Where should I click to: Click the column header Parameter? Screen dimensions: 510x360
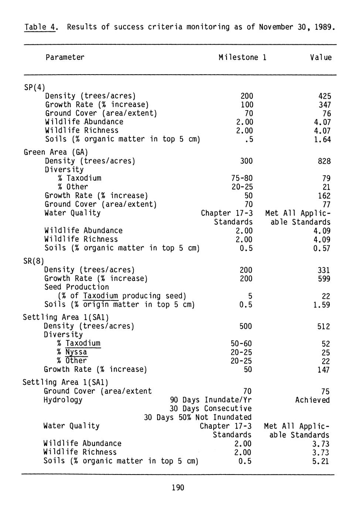point(65,57)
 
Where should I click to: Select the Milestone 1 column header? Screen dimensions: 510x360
point(242,57)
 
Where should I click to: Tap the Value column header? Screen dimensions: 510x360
point(321,57)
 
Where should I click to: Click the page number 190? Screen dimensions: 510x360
point(178,488)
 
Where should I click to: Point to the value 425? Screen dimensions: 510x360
point(325,96)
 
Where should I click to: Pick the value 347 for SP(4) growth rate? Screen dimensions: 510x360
point(325,105)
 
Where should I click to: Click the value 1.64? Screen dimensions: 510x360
point(323,139)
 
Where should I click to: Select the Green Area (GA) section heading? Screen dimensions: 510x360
point(56,152)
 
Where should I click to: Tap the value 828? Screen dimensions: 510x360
point(324,161)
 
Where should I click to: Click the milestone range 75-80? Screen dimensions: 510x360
point(242,178)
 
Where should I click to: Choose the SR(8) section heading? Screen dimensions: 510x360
point(34,261)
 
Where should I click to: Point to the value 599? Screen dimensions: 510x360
point(324,279)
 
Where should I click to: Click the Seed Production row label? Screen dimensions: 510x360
point(77,287)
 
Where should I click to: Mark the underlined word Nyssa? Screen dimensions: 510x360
point(76,352)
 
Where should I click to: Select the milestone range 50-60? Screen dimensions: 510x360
point(241,344)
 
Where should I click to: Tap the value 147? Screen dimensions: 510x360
point(323,370)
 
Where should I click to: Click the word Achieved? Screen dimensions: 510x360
point(312,400)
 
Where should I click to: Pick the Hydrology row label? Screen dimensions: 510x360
point(63,400)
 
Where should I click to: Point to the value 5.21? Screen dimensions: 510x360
point(320,461)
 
